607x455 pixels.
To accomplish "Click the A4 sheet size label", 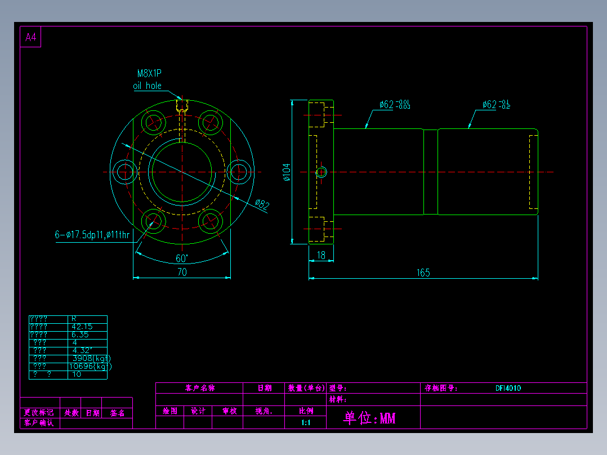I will coord(30,38).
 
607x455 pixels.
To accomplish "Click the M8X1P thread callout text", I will coord(149,73).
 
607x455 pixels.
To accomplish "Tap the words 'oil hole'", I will coord(147,86).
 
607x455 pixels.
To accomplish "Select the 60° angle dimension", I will coord(182,258).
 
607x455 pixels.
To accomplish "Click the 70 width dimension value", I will coord(182,272).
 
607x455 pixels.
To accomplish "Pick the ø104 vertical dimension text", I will coord(286,172).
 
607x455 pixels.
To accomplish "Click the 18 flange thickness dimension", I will coord(321,255).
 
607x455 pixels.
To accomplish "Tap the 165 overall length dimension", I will coord(423,273).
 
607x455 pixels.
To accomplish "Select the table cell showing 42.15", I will coord(82,327).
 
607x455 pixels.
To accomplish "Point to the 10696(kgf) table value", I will coord(90,366).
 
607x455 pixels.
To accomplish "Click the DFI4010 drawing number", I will coord(508,388).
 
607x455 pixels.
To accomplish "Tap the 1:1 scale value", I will coord(306,422).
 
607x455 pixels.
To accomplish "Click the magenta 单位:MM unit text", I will coord(369,418).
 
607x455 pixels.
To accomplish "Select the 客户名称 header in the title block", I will coord(199,388).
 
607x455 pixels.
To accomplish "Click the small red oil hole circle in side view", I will coord(321,172).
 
